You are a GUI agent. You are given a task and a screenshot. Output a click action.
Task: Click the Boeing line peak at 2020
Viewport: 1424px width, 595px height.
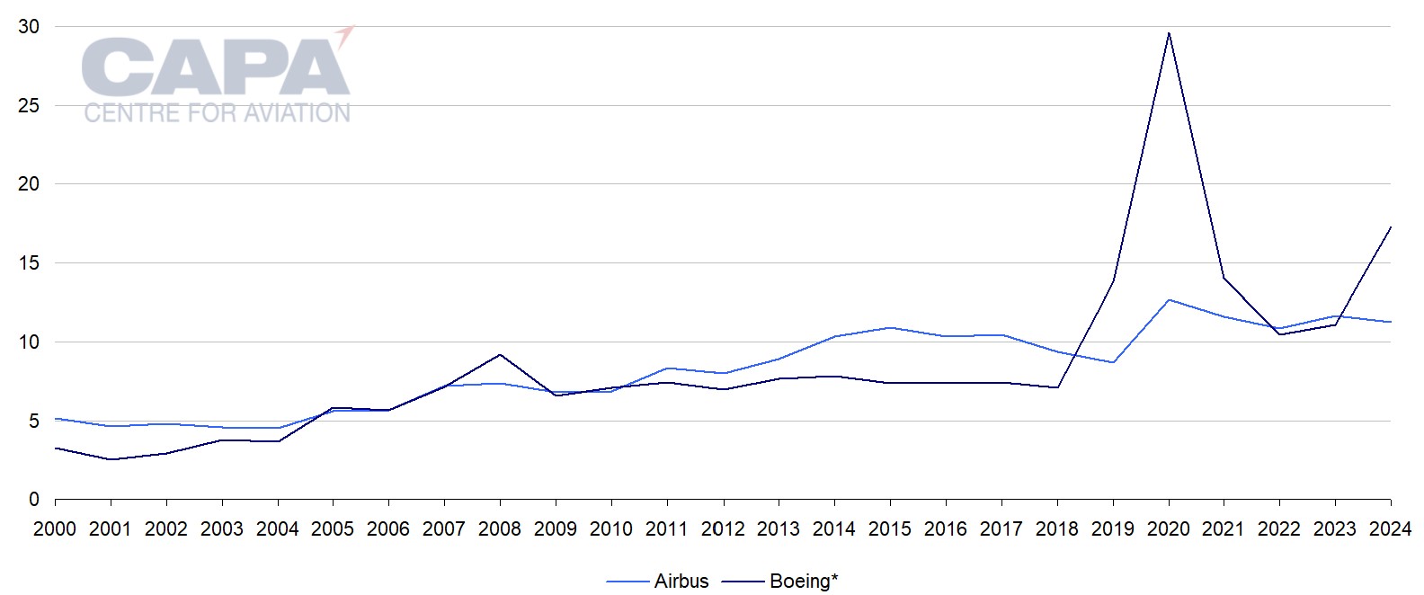tap(1169, 33)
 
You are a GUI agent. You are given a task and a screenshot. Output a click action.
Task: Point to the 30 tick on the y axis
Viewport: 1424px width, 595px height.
tap(29, 27)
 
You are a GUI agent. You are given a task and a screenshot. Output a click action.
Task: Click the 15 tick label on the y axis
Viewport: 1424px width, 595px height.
tap(29, 263)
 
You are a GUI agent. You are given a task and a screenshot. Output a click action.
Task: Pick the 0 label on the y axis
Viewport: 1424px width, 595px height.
tap(34, 500)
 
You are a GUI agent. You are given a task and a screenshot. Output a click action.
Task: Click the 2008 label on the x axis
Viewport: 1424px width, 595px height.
tap(500, 529)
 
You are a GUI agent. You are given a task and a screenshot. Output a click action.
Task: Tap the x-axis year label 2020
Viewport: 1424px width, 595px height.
tap(1169, 529)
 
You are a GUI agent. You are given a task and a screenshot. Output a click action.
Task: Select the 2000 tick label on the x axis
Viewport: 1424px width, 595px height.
tap(55, 529)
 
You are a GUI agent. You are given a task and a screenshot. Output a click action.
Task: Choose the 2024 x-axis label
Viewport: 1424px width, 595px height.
tap(1391, 529)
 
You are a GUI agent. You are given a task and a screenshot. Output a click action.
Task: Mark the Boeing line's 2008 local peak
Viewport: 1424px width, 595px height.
tap(500, 355)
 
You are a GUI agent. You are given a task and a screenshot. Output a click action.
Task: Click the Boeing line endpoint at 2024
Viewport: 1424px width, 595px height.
tap(1391, 227)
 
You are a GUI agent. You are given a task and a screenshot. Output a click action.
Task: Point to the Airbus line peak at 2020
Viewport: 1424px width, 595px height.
tap(1169, 300)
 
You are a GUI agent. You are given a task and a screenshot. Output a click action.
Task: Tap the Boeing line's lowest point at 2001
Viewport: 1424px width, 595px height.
tap(111, 459)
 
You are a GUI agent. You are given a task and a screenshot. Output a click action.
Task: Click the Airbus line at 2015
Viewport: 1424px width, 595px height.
tap(890, 328)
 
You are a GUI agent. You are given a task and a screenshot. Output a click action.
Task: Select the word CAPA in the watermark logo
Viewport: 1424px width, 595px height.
tap(216, 67)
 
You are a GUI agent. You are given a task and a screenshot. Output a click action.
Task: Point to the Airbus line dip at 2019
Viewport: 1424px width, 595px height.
tap(1113, 362)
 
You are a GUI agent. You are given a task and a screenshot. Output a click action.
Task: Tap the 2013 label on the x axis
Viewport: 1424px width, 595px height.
tap(779, 529)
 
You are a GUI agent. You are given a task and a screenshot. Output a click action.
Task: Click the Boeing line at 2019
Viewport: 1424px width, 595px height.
tap(1113, 281)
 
